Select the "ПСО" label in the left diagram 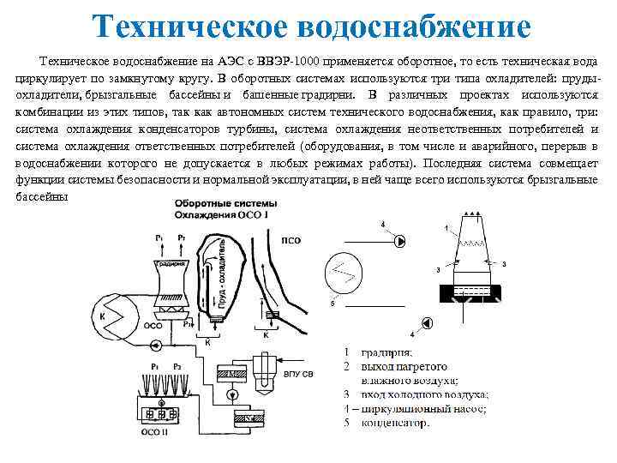click(292, 241)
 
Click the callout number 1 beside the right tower click(446, 228)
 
